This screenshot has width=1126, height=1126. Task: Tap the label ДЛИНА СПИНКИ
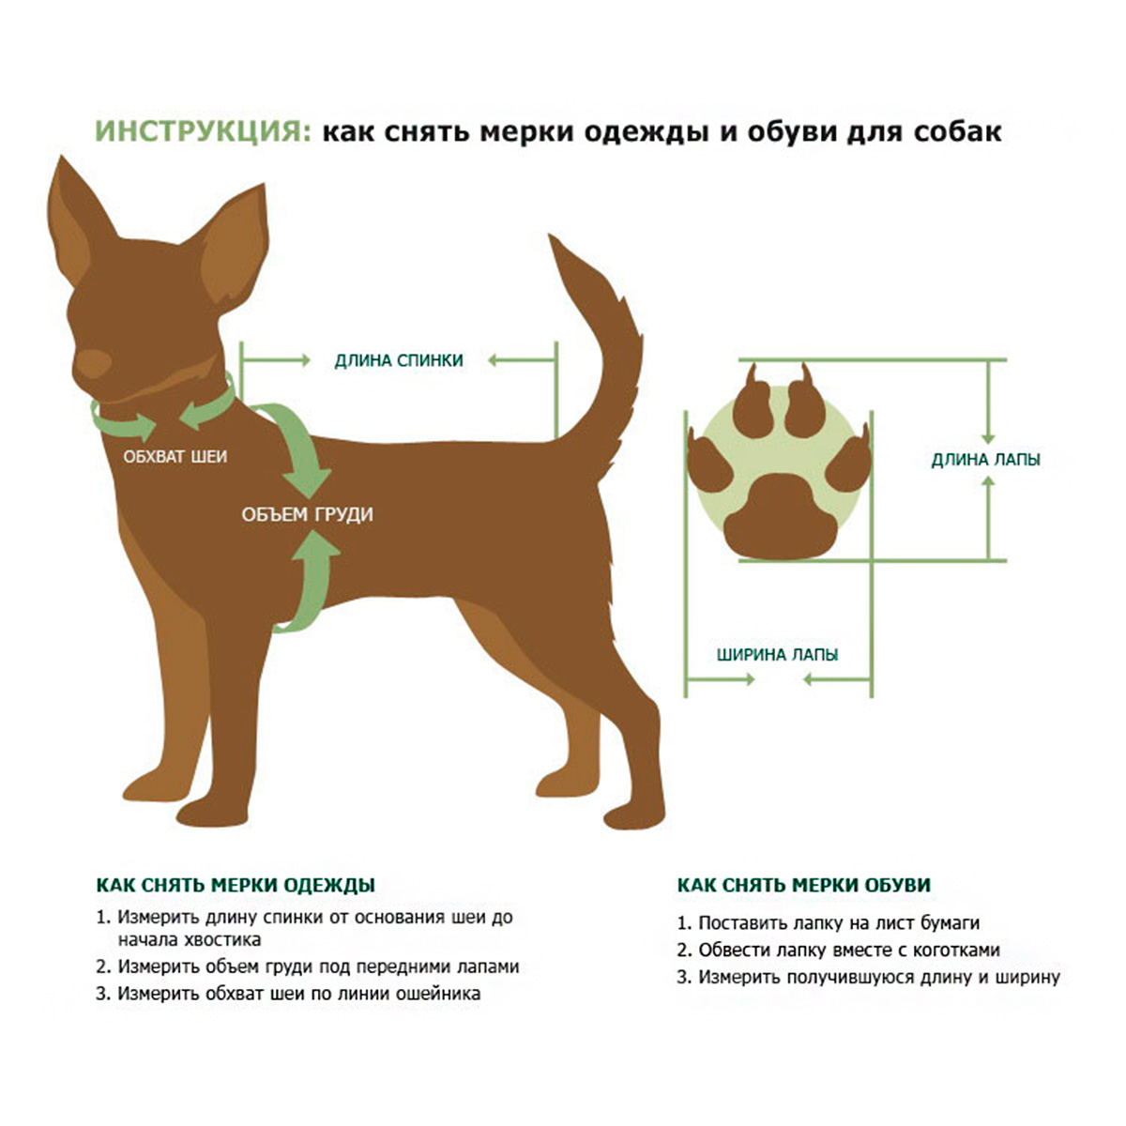[x=399, y=360]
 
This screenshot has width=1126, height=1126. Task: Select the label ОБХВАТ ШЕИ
[x=175, y=456]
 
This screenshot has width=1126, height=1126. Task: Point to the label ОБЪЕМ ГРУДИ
[x=308, y=515]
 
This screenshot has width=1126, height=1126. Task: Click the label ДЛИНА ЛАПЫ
[x=986, y=461]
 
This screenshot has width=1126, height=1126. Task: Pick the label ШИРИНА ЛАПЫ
[x=778, y=654]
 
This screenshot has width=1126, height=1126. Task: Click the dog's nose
[x=93, y=364]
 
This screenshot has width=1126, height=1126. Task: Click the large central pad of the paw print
[x=779, y=516]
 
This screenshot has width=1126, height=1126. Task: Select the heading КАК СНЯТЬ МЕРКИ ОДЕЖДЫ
[x=236, y=885]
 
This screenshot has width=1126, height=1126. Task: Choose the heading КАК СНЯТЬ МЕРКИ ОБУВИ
[x=803, y=885]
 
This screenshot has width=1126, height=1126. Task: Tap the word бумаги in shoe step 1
[x=950, y=924]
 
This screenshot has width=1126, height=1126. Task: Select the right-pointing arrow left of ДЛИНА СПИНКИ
[x=275, y=360]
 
